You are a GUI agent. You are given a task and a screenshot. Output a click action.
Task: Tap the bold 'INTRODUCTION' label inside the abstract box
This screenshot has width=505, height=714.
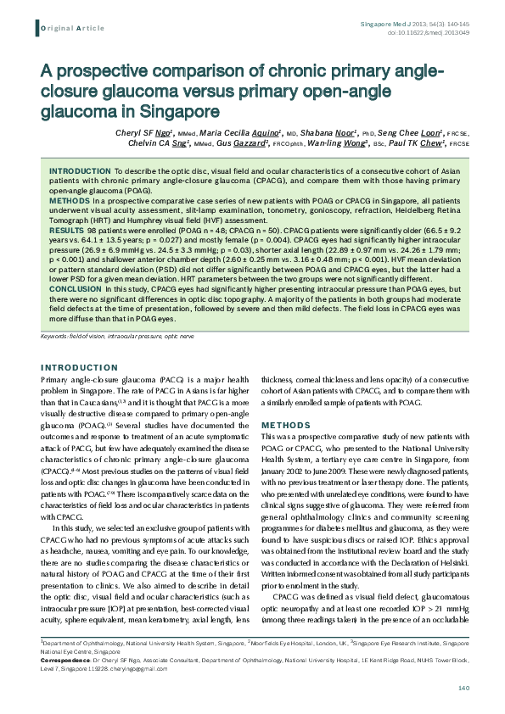pyautogui.click(x=80, y=170)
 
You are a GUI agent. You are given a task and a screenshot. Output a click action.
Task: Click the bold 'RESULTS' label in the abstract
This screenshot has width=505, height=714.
pyautogui.click(x=67, y=230)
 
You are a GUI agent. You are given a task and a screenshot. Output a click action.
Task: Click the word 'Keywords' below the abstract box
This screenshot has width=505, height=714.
pyautogui.click(x=53, y=337)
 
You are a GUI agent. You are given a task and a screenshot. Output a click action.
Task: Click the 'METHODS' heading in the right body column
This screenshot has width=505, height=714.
pyautogui.click(x=280, y=424)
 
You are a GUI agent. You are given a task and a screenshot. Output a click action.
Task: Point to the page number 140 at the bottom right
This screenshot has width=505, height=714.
pyautogui.click(x=463, y=687)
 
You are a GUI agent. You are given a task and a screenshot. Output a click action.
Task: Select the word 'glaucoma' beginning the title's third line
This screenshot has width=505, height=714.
pyautogui.click(x=84, y=110)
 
